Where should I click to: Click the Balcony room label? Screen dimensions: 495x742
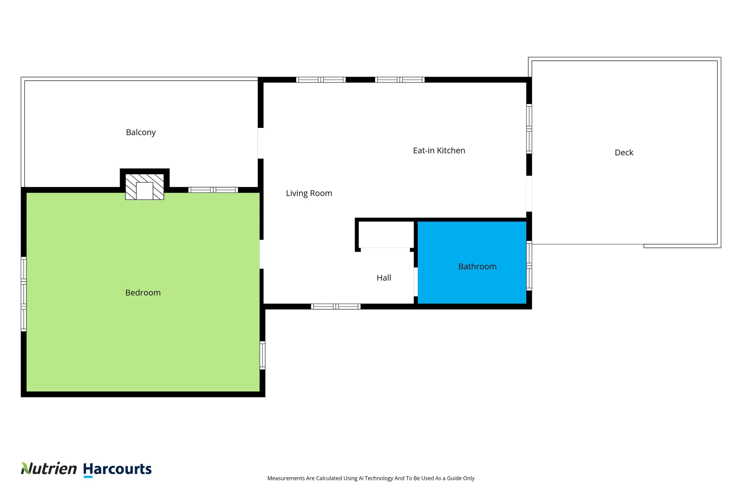click(x=141, y=132)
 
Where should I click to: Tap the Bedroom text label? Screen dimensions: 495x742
click(x=143, y=293)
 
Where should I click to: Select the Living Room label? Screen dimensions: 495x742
click(x=309, y=193)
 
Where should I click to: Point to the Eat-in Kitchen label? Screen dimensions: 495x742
click(x=439, y=151)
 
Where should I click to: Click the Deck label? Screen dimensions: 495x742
click(x=624, y=153)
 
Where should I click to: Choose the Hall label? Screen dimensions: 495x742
click(x=384, y=278)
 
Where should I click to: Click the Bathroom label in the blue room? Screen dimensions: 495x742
click(x=477, y=267)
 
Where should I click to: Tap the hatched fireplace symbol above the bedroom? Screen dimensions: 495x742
click(x=145, y=187)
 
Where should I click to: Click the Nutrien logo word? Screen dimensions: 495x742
click(x=49, y=468)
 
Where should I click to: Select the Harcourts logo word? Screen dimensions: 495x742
click(x=117, y=469)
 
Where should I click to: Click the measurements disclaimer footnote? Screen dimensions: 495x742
click(x=371, y=478)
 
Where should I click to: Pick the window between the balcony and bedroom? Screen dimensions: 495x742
click(x=213, y=190)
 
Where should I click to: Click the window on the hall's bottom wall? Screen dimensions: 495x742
click(x=336, y=307)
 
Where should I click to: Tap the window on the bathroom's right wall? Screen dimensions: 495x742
click(x=529, y=266)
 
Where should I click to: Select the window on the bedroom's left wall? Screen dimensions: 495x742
click(x=23, y=294)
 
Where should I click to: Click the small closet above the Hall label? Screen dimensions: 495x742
click(x=386, y=235)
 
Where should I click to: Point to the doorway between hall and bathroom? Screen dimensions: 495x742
click(x=415, y=282)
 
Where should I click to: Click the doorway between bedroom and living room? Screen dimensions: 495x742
click(x=262, y=254)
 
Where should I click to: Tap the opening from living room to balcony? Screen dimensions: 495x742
click(x=260, y=143)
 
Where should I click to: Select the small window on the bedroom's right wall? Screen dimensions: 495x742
click(x=262, y=355)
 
